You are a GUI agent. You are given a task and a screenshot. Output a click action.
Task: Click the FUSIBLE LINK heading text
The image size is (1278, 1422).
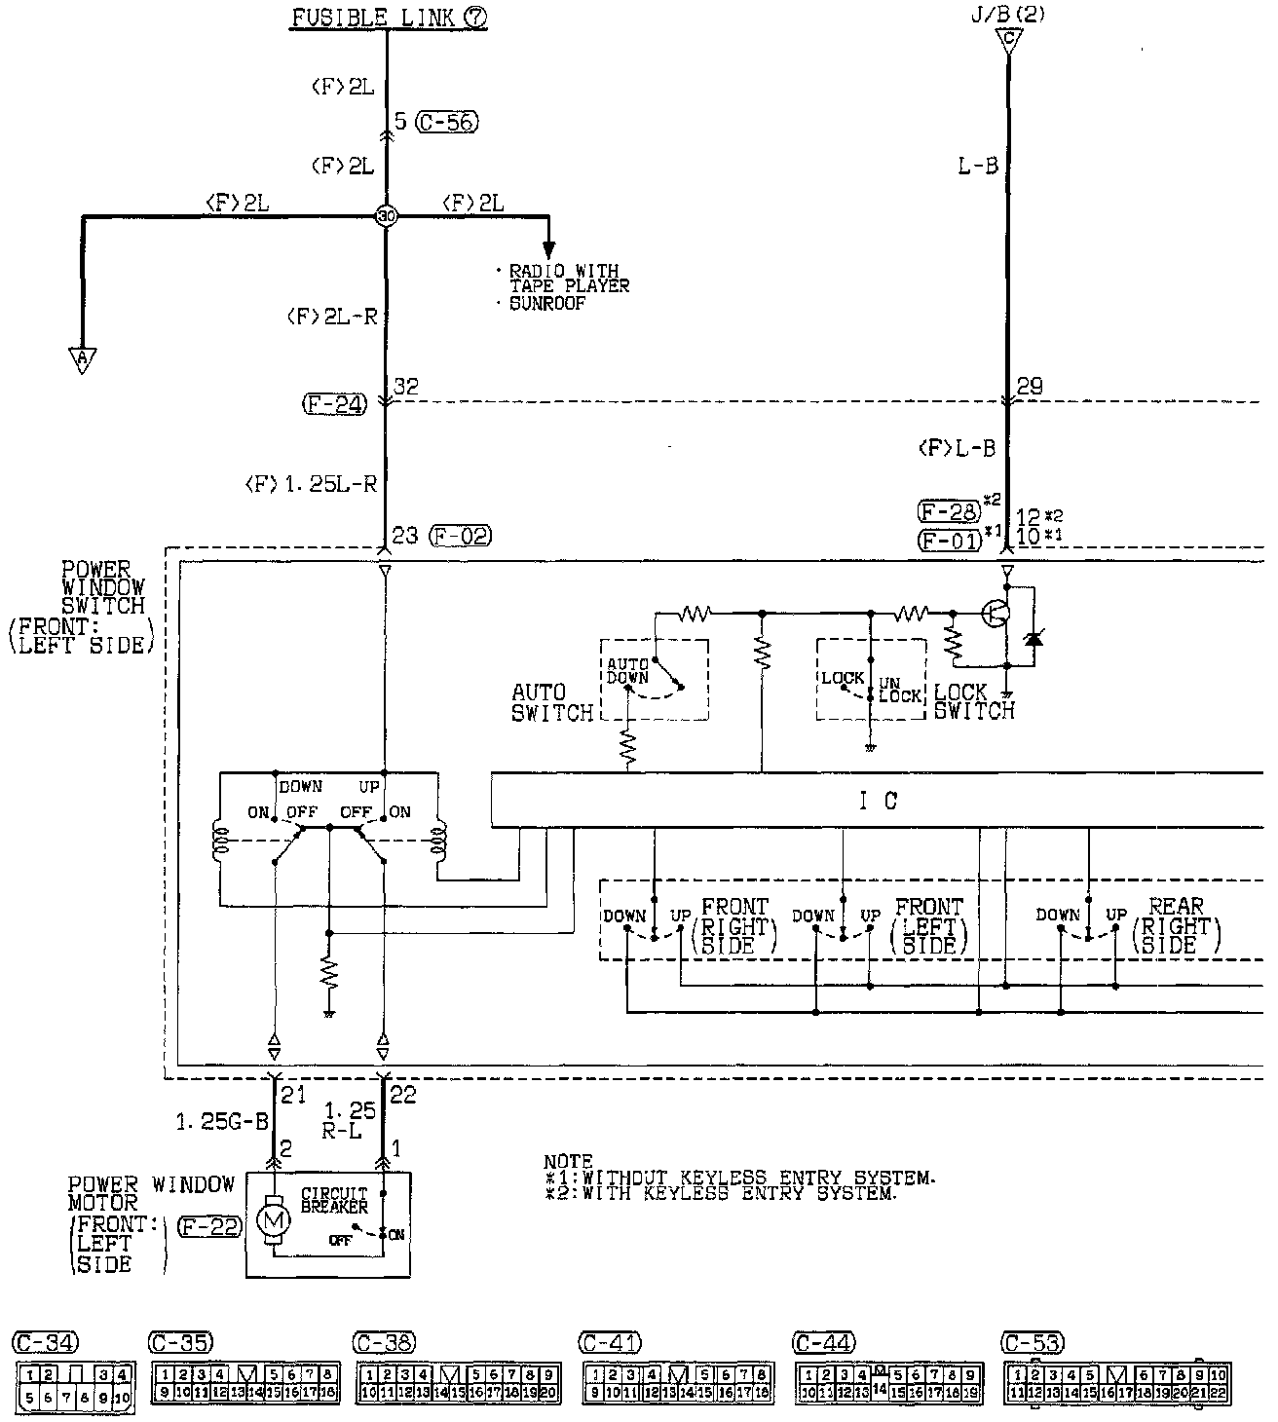point(375,18)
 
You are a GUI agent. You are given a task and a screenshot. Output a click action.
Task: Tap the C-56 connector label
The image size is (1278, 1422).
point(447,122)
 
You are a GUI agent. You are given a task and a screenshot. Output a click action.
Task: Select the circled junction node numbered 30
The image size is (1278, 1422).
point(387,216)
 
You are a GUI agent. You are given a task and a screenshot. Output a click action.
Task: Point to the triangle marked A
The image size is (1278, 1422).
point(83,359)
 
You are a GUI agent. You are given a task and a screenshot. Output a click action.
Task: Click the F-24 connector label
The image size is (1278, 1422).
point(334,403)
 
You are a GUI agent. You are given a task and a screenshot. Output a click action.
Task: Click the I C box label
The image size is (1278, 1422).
point(878,801)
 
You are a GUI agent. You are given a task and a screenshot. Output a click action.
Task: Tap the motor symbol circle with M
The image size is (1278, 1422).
point(274,1218)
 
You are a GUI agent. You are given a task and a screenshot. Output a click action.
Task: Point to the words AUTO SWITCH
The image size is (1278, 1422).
point(551,702)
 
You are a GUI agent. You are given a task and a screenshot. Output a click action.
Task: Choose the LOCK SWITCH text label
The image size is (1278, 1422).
point(973,701)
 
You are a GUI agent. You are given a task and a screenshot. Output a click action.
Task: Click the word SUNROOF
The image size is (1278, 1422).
point(546,304)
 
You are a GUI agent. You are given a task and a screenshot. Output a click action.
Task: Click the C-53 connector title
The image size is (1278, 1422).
point(1033,1342)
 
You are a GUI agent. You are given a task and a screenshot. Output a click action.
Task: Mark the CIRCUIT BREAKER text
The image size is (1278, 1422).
point(334,1199)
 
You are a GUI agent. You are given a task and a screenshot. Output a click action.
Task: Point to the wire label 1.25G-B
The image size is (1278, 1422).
point(221,1122)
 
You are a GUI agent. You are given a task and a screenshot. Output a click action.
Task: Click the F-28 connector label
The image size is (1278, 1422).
point(948,510)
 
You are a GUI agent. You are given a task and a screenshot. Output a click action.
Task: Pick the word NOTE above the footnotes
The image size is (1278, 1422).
point(567,1161)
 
